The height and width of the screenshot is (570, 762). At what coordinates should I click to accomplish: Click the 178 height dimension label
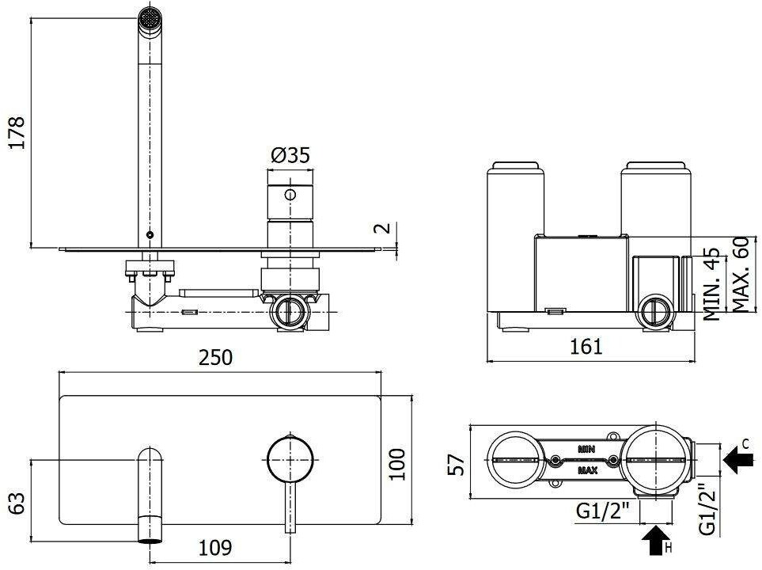pos(17,132)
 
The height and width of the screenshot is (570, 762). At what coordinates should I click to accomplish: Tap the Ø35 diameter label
pos(290,156)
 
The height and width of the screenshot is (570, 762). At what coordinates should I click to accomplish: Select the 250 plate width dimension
pos(215,358)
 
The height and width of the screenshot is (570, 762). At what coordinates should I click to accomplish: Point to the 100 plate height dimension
pos(397,464)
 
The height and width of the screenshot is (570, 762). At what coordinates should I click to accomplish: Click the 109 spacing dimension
pos(215,548)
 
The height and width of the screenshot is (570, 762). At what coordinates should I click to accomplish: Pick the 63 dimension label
pos(17,503)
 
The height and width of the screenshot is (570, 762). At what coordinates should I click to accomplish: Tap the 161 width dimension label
pos(586,347)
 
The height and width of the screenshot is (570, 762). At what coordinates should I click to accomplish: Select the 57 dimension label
pos(457,465)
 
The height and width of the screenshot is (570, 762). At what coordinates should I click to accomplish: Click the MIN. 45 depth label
pos(712,284)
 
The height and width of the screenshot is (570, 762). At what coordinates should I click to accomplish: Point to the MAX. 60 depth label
pos(740,274)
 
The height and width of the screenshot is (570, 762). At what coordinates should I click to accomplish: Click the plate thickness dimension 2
pos(385,228)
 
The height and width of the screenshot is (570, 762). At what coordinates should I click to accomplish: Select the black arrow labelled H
pos(655,539)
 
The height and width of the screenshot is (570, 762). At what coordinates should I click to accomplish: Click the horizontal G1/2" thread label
pos(603,511)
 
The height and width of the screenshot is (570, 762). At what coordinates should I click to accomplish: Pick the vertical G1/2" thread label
pos(707,509)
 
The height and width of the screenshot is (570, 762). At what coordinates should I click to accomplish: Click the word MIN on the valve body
pos(586,450)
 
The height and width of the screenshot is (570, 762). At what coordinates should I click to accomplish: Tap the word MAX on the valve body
pos(588,470)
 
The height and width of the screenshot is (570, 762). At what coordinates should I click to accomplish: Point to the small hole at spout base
pos(150,235)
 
